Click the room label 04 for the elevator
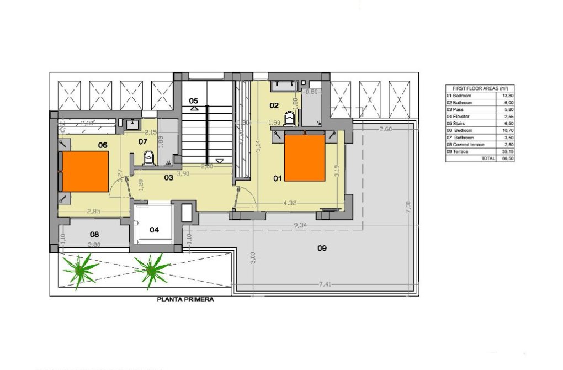pos(154,229)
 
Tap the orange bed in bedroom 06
pos(86,171)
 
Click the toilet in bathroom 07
pos(147,159)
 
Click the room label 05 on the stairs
pos(193,101)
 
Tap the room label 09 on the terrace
pos(322,248)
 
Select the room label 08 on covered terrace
pos(94,234)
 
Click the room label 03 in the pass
pos(168,177)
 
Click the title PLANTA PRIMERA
pos(185,300)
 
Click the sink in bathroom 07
pos(132,124)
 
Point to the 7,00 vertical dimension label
pos(408,207)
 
